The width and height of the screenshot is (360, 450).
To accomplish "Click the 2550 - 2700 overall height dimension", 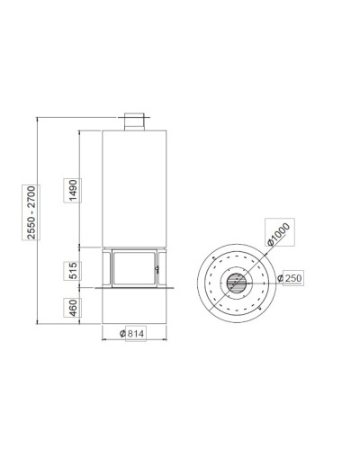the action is (31, 212).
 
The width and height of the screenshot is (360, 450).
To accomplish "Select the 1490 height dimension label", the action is (73, 191).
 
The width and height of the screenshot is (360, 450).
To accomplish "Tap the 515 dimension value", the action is (73, 271).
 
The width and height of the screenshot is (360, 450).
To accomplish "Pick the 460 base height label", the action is (73, 308).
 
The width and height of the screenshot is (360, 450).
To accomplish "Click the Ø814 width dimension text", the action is (132, 334).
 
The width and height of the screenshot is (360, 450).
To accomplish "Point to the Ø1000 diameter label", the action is (279, 234).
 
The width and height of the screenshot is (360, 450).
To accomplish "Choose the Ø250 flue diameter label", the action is (290, 278).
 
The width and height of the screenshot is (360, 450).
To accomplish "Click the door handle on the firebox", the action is (157, 269).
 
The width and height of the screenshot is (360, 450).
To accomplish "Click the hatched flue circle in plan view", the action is (237, 283).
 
